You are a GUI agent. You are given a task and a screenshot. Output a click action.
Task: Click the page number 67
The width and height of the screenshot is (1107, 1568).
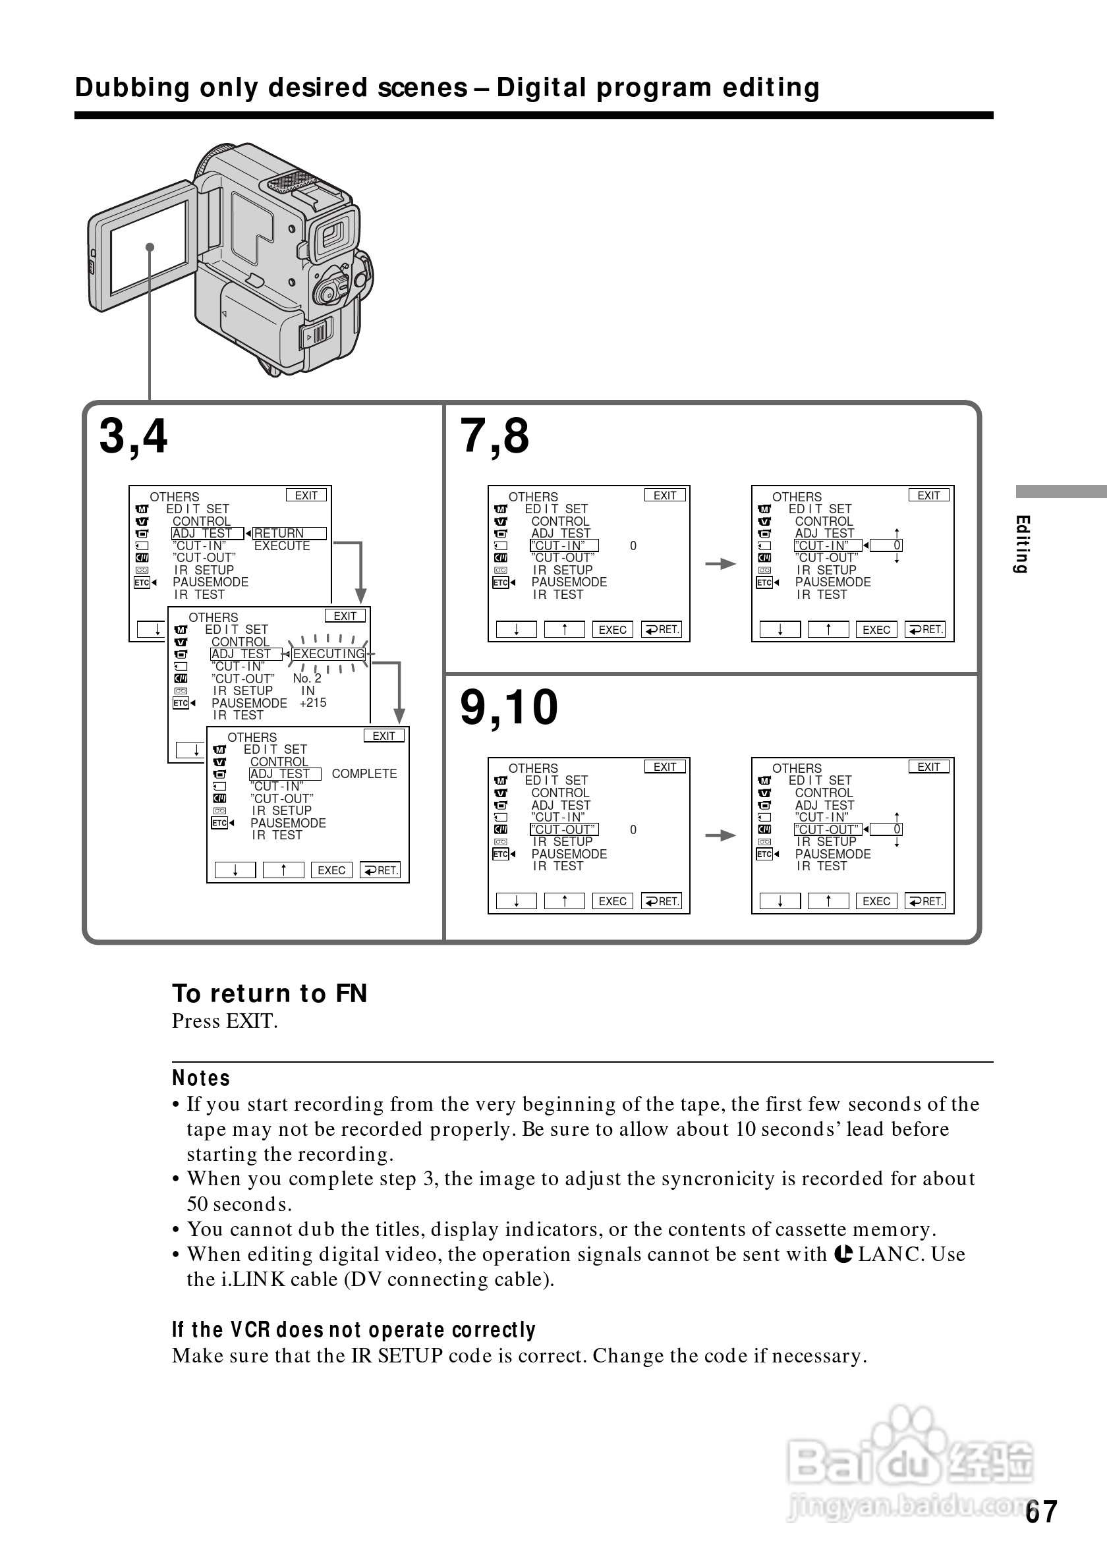(x=1040, y=1511)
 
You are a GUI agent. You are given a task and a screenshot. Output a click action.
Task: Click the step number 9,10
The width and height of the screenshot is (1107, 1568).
(x=509, y=708)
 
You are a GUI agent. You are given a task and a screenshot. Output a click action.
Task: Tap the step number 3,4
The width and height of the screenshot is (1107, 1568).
(x=133, y=436)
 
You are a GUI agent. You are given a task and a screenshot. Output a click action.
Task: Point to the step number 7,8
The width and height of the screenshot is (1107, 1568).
(x=494, y=436)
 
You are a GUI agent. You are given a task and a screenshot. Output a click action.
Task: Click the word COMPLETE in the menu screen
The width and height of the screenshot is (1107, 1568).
(x=364, y=773)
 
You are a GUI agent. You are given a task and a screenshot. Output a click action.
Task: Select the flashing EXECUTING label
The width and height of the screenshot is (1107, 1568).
(x=329, y=654)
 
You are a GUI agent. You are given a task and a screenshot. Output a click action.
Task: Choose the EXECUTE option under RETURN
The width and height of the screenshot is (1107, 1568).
(x=282, y=546)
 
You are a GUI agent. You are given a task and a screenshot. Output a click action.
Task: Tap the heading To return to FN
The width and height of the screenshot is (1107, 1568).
(x=270, y=993)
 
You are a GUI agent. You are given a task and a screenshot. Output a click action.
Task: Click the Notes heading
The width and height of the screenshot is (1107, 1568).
(x=201, y=1078)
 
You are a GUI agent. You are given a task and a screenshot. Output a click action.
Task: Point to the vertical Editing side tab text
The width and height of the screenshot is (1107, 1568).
(x=1021, y=544)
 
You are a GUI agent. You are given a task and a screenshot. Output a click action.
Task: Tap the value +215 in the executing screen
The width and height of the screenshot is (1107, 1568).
(x=313, y=703)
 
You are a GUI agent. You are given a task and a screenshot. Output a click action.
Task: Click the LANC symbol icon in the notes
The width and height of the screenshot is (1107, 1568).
(x=843, y=1254)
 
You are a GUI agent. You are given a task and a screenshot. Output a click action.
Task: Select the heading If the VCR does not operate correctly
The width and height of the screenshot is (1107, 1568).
(x=354, y=1330)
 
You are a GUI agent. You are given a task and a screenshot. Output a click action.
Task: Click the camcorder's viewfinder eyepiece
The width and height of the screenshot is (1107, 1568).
(x=334, y=235)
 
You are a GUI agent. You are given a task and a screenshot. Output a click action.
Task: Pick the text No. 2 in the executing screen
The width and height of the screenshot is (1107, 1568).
(x=306, y=678)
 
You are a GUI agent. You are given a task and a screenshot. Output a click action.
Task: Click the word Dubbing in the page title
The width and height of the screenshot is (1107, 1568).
(x=132, y=88)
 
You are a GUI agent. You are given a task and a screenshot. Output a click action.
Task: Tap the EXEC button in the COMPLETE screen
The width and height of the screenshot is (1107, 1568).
(x=331, y=870)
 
